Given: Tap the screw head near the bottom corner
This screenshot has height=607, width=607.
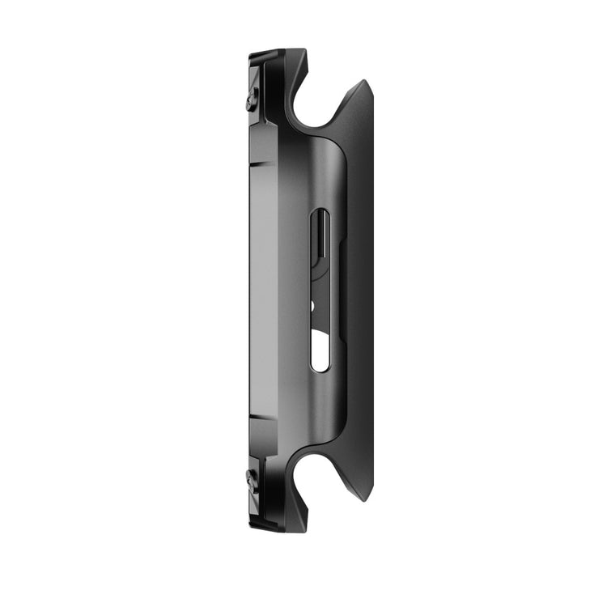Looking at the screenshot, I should coord(253,479).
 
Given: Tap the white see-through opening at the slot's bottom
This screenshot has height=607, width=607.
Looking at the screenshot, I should coord(320,353).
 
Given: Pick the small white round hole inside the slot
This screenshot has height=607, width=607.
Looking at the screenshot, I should coord(313,307).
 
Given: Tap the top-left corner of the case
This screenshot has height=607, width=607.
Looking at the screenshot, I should coord(250,55).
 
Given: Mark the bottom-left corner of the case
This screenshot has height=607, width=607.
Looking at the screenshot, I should coord(250,526).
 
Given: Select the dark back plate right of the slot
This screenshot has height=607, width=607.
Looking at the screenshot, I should coord(356,291).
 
